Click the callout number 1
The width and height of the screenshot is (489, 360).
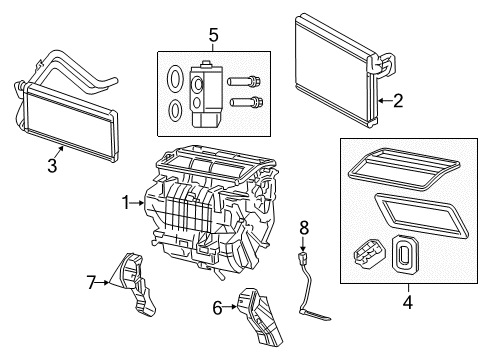tap(126, 202)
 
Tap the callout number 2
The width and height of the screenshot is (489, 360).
tap(397, 99)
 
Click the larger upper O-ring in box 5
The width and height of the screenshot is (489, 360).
tap(175, 78)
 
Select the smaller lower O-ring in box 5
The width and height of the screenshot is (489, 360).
tap(175, 108)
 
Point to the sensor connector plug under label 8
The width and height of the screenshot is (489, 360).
tap(301, 264)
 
